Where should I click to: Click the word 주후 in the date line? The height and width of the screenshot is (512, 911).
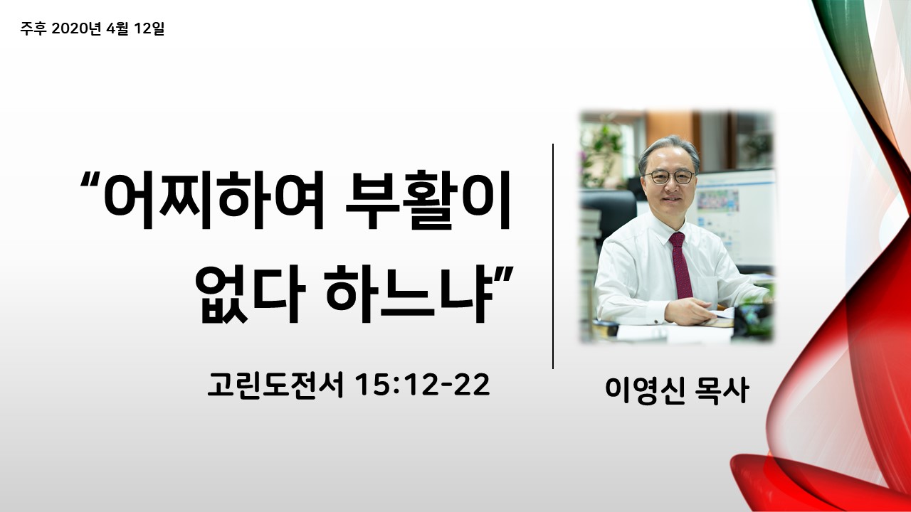[33, 28]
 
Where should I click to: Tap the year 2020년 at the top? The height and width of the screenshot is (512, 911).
[76, 28]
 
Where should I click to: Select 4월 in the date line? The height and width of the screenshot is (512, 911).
[117, 28]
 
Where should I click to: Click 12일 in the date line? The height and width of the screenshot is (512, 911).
[149, 28]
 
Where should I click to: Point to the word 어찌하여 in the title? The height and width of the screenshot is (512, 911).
[214, 200]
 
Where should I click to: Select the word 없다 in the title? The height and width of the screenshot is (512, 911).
[250, 294]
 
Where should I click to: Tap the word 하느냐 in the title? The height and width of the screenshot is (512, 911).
[410, 294]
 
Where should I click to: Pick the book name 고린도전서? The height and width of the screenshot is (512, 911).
[275, 385]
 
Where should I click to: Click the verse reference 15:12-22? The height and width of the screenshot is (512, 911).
[423, 385]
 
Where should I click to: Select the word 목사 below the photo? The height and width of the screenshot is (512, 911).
[722, 390]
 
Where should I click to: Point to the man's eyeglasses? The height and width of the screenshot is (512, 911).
[669, 177]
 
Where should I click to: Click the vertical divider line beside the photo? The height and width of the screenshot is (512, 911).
[553, 256]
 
